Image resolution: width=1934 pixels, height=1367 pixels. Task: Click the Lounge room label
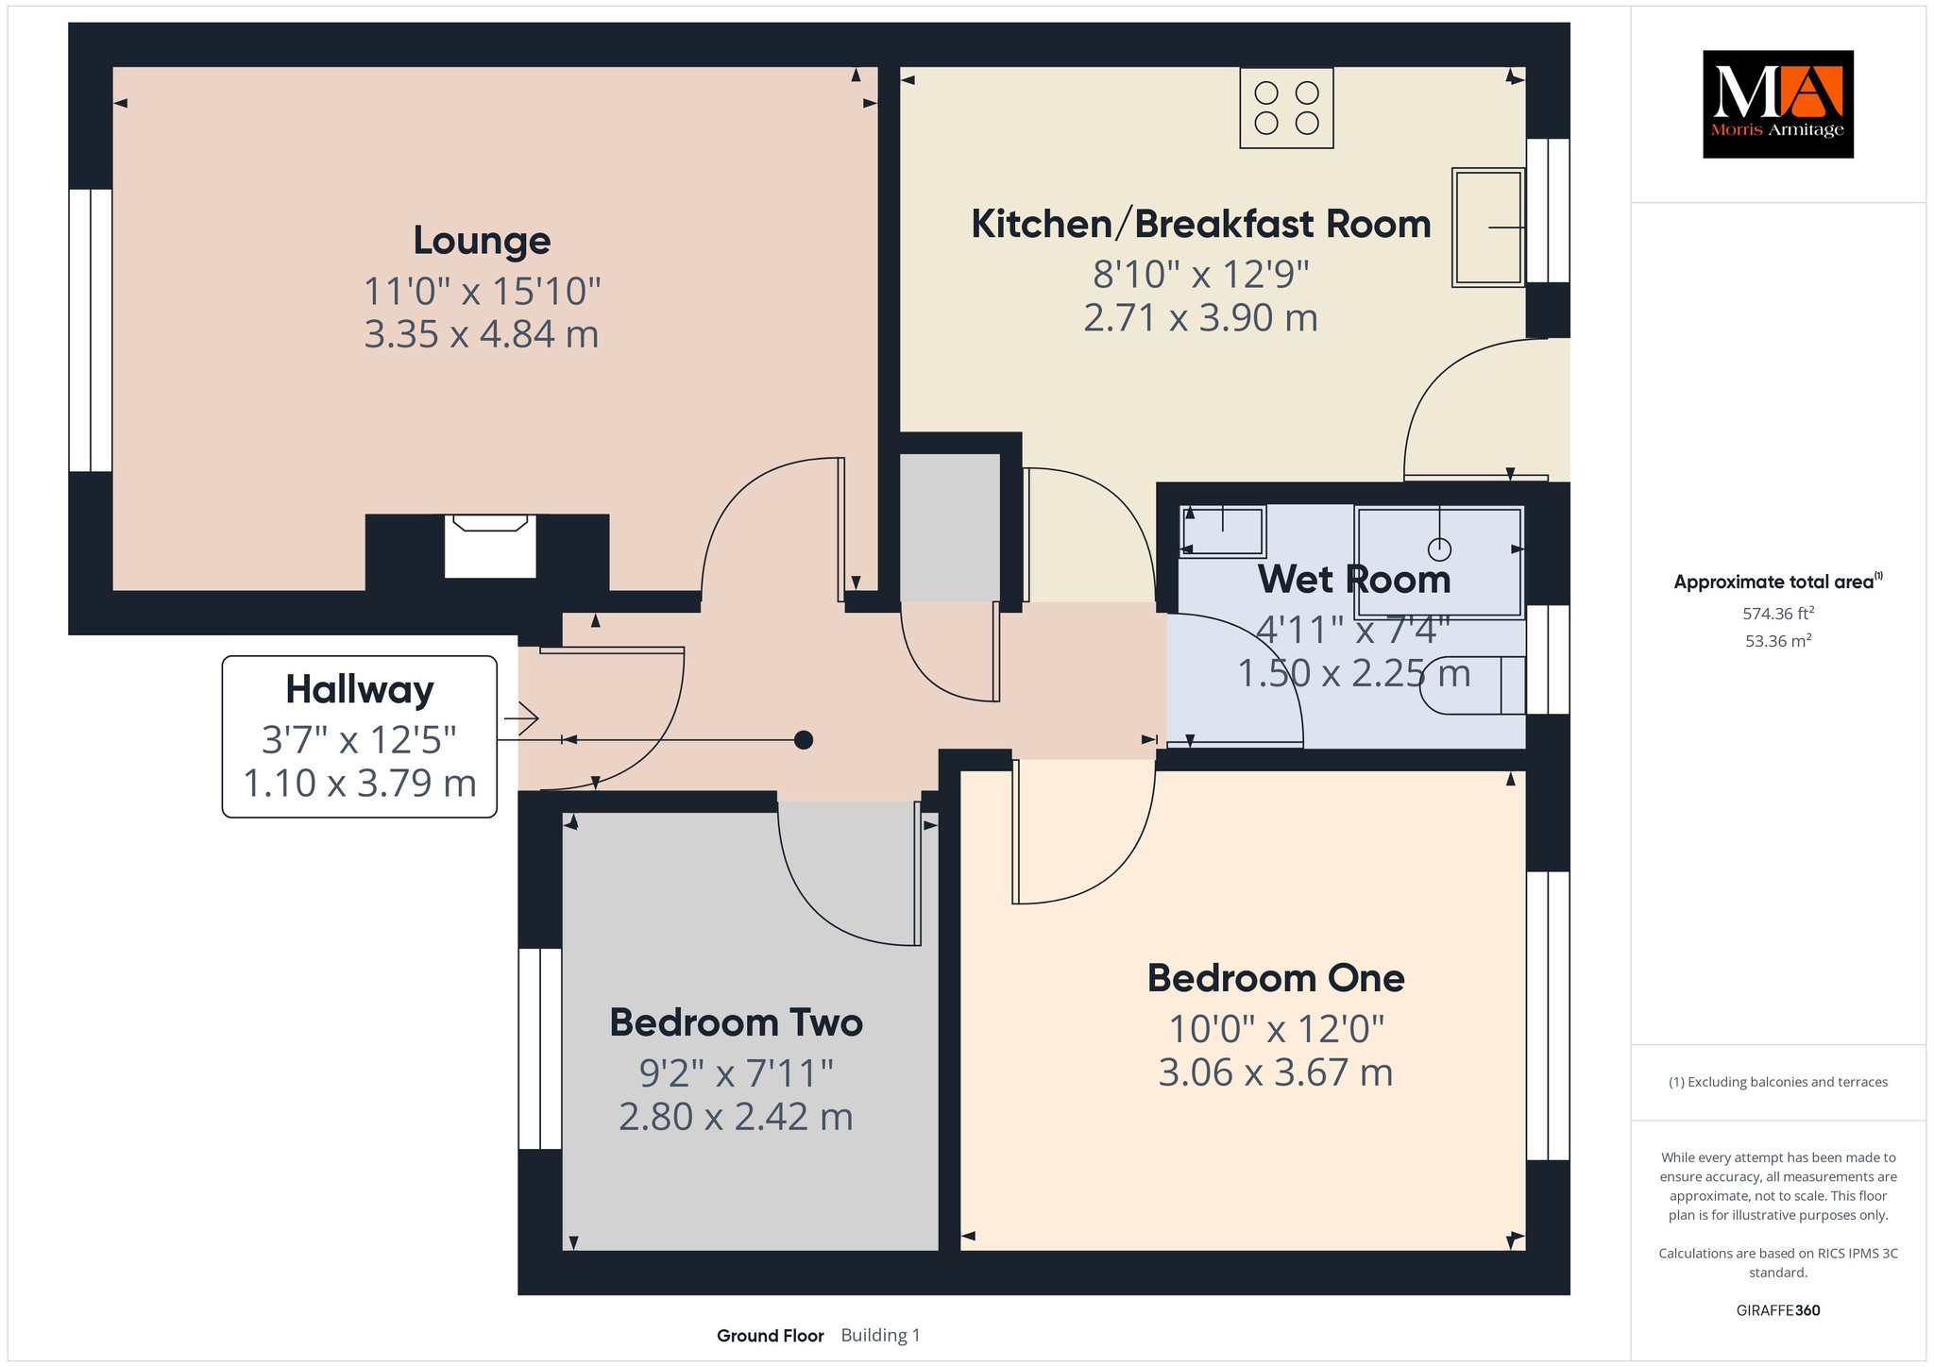pyautogui.click(x=482, y=241)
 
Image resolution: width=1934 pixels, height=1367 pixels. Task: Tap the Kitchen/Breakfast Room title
pyautogui.click(x=1201, y=225)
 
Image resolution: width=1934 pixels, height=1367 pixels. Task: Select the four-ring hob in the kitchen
pyautogui.click(x=1286, y=108)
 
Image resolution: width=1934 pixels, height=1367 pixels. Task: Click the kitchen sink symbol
pyautogui.click(x=1488, y=228)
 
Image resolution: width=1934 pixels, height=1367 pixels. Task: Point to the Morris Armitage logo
pyautogui.click(x=1777, y=104)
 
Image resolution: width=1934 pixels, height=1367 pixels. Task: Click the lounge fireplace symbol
pyautogui.click(x=490, y=546)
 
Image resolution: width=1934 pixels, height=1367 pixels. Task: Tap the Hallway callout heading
pyautogui.click(x=360, y=690)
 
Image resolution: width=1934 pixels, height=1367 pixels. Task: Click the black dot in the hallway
pyautogui.click(x=804, y=740)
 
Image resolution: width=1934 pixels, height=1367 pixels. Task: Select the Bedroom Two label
pyautogui.click(x=737, y=1022)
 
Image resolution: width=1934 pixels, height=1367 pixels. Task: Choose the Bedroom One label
pyautogui.click(x=1276, y=978)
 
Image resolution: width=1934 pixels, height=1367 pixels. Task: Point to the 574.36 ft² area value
pyautogui.click(x=1778, y=614)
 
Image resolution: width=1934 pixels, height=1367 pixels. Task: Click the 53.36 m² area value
pyautogui.click(x=1778, y=641)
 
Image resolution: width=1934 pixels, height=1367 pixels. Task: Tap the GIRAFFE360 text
pyautogui.click(x=1778, y=1310)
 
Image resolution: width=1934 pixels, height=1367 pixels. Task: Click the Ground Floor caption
pyautogui.click(x=771, y=1336)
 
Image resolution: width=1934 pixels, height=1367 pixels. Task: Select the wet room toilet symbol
pyautogui.click(x=1472, y=685)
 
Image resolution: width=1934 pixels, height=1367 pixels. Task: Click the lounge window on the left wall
pyautogui.click(x=91, y=330)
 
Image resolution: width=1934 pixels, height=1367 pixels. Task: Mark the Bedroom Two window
pyautogui.click(x=540, y=1048)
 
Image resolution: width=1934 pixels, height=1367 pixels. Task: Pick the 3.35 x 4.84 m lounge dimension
pyautogui.click(x=482, y=335)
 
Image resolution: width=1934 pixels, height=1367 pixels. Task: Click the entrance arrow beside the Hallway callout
pyautogui.click(x=521, y=718)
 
